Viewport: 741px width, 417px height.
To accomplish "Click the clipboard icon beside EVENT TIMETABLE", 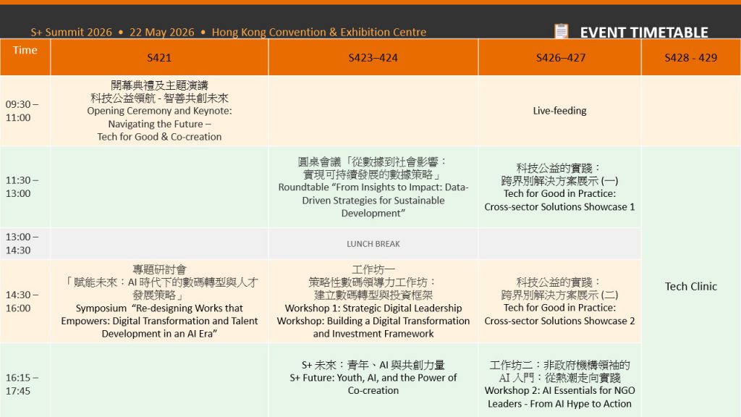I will (561, 32).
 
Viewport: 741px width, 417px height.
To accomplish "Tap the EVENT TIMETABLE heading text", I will (643, 33).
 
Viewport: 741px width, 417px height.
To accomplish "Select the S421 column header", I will (159, 57).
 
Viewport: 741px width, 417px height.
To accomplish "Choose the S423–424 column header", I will (373, 57).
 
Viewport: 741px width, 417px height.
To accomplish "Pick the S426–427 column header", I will (559, 57).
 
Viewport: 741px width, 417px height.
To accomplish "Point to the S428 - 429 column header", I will (690, 57).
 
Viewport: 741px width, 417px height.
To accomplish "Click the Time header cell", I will (25, 50).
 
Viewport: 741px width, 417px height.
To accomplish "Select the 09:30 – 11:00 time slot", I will (22, 111).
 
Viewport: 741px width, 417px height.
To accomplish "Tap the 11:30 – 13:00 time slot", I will (22, 187).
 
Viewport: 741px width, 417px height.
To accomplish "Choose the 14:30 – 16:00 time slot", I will (22, 301).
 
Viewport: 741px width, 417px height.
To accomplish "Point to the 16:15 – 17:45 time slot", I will (22, 384).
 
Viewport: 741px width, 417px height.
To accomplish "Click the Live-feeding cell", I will (559, 111).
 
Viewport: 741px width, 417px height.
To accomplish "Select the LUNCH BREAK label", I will (373, 244).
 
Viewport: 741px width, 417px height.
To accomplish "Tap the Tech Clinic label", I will (690, 286).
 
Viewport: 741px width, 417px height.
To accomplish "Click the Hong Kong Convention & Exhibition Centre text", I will (319, 33).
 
